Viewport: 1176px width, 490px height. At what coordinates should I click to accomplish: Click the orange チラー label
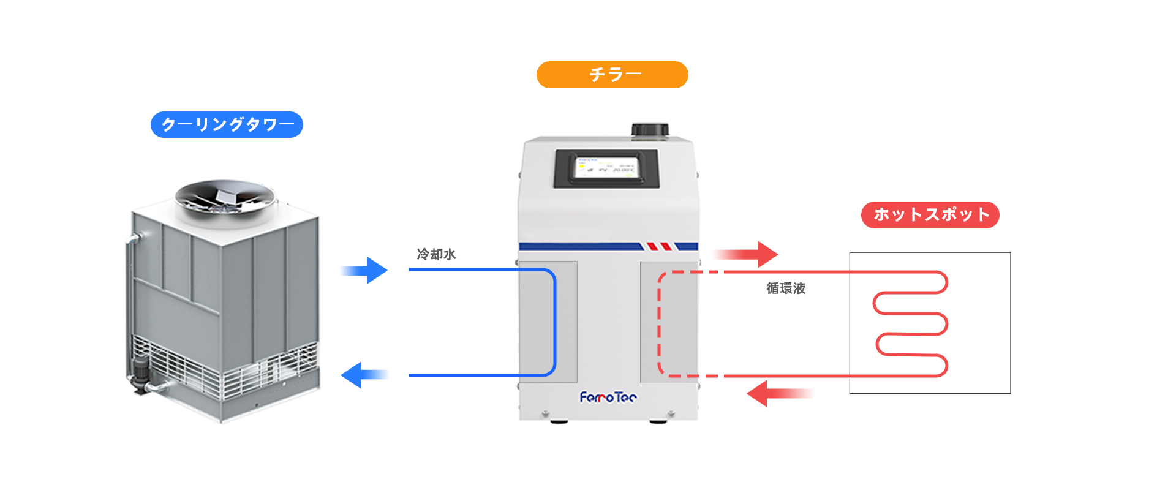(612, 75)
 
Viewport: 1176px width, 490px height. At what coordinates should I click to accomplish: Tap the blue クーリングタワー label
(227, 125)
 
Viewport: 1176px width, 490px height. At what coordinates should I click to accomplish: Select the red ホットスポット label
(930, 215)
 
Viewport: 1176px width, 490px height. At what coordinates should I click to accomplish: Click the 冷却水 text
(436, 254)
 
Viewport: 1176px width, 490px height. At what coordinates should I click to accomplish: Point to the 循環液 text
(786, 288)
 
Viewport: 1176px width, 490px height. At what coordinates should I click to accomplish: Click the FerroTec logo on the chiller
(608, 398)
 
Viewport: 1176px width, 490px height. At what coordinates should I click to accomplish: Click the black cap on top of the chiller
(650, 130)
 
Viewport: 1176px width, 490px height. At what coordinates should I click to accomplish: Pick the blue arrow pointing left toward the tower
(364, 375)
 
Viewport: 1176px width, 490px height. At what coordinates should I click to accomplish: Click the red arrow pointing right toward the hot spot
(747, 254)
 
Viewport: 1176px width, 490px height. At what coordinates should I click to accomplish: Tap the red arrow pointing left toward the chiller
(778, 393)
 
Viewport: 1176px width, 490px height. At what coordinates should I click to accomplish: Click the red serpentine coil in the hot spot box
(911, 323)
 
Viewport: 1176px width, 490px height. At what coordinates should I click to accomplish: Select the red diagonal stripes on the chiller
(660, 246)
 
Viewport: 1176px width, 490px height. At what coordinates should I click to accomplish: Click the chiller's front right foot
(658, 421)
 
